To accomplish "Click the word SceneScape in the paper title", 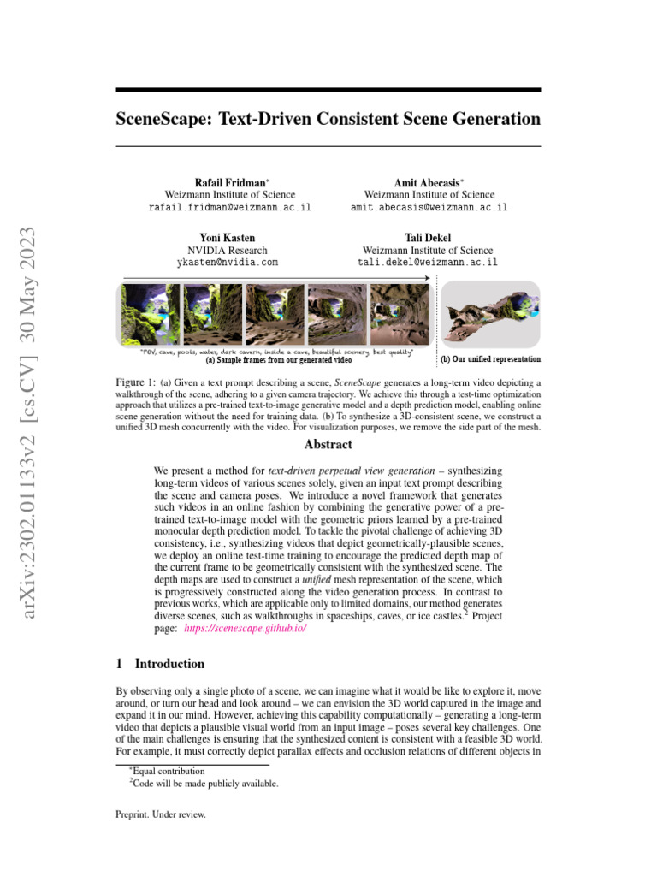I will click(x=163, y=119).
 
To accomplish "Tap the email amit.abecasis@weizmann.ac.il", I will click(x=429, y=208).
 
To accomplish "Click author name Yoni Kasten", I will click(x=228, y=237).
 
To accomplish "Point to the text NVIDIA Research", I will click(x=228, y=250).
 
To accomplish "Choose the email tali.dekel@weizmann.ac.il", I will click(x=429, y=263).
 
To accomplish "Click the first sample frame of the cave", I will click(x=150, y=314).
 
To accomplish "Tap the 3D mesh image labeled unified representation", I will click(x=489, y=313).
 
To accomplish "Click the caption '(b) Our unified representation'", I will click(x=490, y=359).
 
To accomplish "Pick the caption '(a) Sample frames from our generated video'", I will click(x=279, y=360).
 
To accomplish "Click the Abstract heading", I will click(x=328, y=445).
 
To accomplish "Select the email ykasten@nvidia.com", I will click(x=228, y=263).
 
